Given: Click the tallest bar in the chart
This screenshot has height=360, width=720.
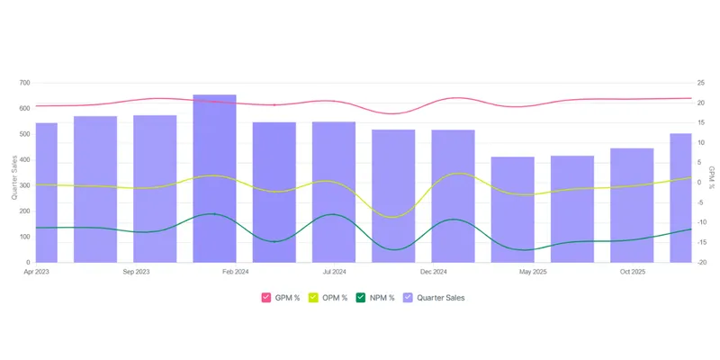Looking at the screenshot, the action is pos(214,178).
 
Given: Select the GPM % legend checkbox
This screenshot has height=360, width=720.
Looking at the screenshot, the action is pos(266,298).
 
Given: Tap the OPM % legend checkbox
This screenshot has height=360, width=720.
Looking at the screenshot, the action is pos(313,298).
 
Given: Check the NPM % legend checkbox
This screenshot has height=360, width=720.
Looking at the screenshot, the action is pos(361,298).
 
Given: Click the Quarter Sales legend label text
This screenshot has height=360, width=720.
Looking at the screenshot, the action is pos(441,298).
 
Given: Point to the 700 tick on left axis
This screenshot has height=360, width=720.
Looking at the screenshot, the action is pos(24,83).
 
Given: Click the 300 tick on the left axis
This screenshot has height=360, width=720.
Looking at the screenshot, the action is pos(24,185).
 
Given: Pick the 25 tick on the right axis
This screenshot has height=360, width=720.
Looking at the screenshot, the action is pos(700,83).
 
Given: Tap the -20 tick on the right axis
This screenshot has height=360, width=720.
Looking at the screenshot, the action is pos(701,263).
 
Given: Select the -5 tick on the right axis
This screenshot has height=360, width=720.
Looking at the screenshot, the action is pos(700,202).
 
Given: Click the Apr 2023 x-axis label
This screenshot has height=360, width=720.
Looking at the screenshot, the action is pos(36,272).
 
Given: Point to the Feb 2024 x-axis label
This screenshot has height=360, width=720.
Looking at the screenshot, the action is pos(236,272).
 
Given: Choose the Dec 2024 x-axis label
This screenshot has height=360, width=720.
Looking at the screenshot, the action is pos(434,272).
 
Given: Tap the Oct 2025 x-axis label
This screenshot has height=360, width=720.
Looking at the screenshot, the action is pos(633,272).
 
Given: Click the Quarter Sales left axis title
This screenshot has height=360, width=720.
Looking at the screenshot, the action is pos(14,177).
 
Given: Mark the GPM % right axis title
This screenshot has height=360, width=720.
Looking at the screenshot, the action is pos(712,177).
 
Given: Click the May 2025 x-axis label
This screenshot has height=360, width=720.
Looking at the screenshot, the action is pos(533,272).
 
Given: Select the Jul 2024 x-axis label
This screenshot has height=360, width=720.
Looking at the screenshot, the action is pos(334,272).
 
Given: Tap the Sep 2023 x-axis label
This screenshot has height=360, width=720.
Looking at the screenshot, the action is pos(136,272).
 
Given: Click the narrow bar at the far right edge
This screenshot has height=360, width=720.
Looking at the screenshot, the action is pos(681,198).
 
